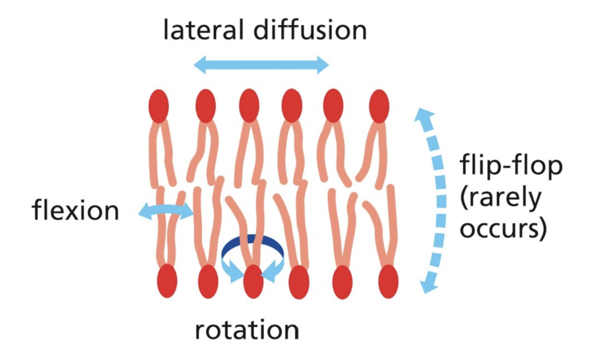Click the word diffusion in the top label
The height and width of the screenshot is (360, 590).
(x=310, y=30)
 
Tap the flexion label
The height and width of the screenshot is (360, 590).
(x=75, y=210)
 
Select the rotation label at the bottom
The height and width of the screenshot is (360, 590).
(x=247, y=330)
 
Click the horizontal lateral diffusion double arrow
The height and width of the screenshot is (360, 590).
(x=261, y=65)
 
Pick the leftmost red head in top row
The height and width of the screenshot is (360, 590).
(x=159, y=105)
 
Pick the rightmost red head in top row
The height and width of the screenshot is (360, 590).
(x=379, y=105)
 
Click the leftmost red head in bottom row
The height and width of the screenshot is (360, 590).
(x=167, y=281)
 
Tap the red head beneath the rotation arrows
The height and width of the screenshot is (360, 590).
(x=253, y=282)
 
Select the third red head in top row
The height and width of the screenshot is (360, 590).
(x=249, y=105)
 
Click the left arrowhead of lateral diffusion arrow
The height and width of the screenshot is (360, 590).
(x=200, y=65)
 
